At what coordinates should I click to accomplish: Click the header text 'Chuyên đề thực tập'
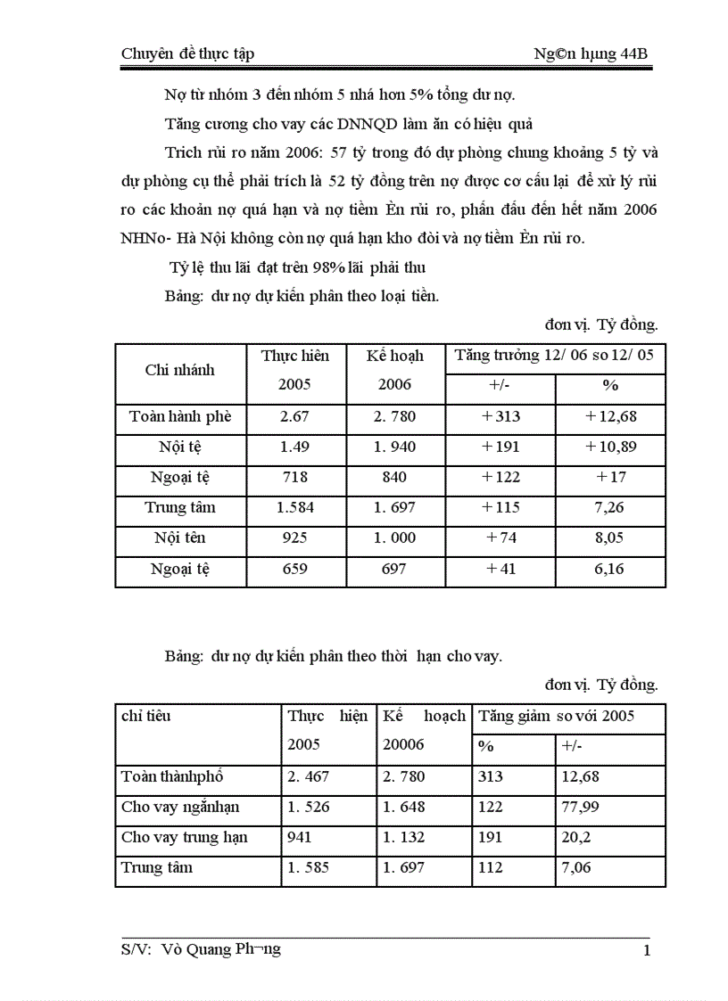click(187, 53)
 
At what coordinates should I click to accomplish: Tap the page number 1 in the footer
click(647, 950)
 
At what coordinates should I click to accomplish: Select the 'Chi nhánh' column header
click(179, 370)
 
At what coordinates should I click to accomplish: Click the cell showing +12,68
click(610, 416)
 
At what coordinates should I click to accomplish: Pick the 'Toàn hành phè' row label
click(179, 416)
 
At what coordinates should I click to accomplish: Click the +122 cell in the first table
click(500, 477)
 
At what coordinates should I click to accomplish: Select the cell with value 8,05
click(610, 537)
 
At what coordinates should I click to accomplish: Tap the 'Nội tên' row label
click(179, 537)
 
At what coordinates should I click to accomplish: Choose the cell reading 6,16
click(610, 569)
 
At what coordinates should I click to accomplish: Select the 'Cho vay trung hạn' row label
click(185, 838)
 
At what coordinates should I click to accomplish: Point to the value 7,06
click(575, 868)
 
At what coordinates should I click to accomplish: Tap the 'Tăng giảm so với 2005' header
click(557, 716)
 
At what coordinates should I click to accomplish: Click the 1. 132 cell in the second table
click(404, 838)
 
